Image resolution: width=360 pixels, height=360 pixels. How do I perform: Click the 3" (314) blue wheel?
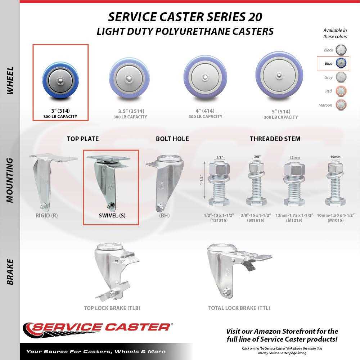point(60,80)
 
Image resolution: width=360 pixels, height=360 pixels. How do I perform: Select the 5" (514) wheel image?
point(279,76)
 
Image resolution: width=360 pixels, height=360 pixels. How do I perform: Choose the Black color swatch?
point(341,50)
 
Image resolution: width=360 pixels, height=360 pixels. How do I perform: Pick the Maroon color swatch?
point(341,105)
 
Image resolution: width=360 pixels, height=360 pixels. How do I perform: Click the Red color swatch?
point(341,91)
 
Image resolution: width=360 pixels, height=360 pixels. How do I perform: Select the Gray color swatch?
point(341,77)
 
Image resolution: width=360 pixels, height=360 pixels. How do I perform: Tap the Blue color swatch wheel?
point(341,63)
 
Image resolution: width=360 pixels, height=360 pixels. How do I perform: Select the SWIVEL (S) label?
point(112,216)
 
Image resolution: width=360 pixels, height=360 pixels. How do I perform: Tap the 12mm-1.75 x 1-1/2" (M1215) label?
point(294,218)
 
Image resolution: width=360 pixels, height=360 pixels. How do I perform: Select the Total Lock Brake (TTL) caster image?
point(239,271)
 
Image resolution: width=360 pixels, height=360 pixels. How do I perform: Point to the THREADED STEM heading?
point(275,139)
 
